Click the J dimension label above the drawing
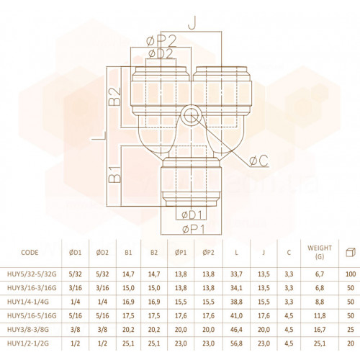[192, 24]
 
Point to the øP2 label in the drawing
[161, 40]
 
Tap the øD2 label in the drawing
[161, 54]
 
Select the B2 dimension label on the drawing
[114, 96]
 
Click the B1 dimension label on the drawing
[114, 174]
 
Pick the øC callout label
[258, 161]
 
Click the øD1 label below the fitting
[192, 215]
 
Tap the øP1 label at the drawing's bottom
[194, 230]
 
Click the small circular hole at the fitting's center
[191, 115]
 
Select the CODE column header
[30, 253]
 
